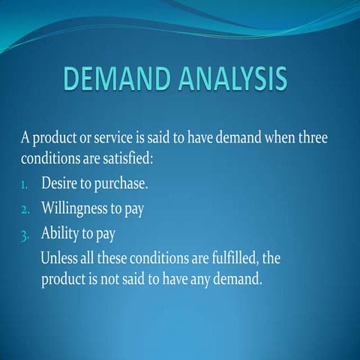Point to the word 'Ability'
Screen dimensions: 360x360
click(58, 235)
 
